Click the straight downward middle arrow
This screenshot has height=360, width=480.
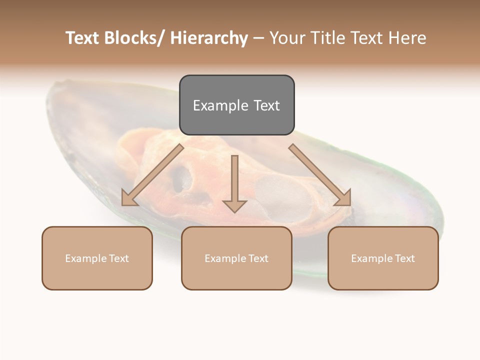(x=234, y=183)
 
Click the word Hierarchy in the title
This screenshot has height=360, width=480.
(x=209, y=38)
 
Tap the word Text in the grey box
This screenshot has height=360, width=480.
(x=266, y=105)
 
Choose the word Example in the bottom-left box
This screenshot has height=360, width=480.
(x=85, y=258)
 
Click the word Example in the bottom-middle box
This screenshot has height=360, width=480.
(x=225, y=258)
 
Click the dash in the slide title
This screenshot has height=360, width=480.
(x=258, y=38)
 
